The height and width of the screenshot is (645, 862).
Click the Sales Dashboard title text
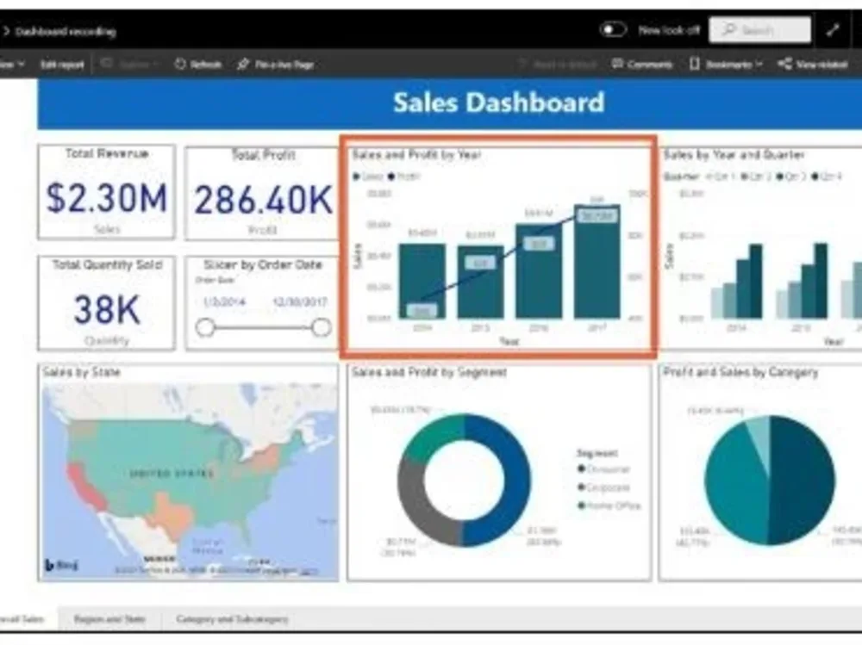tap(498, 102)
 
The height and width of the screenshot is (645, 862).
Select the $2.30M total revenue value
tap(107, 198)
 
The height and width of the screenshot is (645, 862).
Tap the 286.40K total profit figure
tap(262, 200)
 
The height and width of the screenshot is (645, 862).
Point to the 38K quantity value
tap(107, 309)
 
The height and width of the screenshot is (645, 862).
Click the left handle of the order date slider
tap(205, 327)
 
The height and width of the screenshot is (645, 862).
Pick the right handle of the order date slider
tap(321, 327)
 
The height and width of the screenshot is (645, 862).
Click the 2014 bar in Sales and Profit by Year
tap(422, 280)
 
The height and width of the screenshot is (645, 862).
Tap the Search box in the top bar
tap(759, 30)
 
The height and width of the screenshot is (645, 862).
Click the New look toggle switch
tap(613, 30)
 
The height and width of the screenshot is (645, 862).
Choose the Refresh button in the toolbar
tap(197, 65)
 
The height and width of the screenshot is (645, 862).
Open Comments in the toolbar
tap(642, 65)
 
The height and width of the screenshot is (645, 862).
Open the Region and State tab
tap(109, 619)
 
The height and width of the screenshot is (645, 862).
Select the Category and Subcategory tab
tap(232, 619)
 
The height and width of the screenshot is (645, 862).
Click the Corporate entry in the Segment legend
tap(608, 487)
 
